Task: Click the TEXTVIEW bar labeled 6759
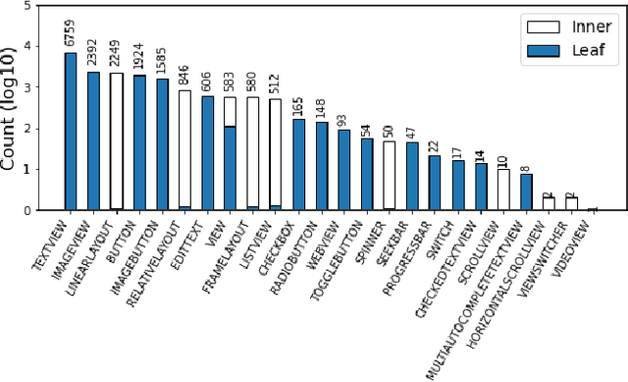point(71,132)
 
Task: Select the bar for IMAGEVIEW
point(93,141)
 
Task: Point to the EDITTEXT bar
point(207,153)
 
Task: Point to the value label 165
point(297,106)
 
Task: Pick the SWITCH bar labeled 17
point(458,185)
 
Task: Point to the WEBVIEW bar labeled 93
point(343,170)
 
